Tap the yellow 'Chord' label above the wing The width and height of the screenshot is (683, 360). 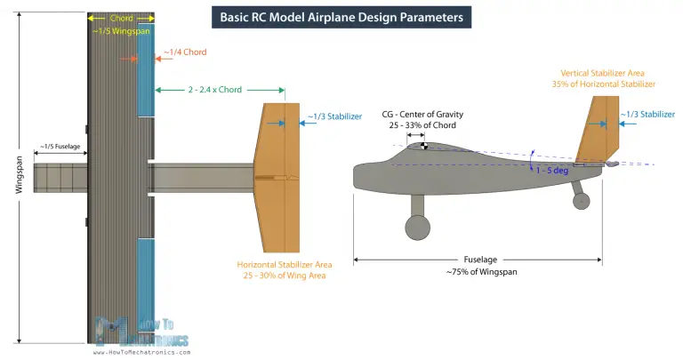pos(121,17)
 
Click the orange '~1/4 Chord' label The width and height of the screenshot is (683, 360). pos(185,52)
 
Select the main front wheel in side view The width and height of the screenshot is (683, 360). pos(415,229)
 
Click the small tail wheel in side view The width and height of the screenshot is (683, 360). pos(582,201)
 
